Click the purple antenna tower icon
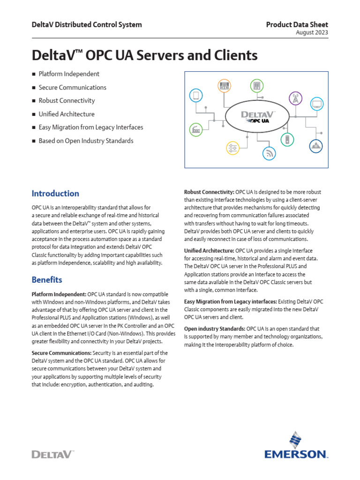click(x=295, y=99)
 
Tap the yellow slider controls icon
click(x=232, y=148)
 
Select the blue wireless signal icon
click(x=269, y=153)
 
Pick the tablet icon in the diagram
click(x=195, y=96)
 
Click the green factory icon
click(x=195, y=129)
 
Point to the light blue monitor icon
click(x=317, y=104)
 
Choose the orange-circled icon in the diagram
click(x=224, y=86)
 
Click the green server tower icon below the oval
click(x=285, y=139)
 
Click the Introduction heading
click(x=55, y=194)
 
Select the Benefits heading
click(x=47, y=280)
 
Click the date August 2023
click(x=312, y=33)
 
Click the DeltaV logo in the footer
click(x=52, y=454)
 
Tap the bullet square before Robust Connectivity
click(x=34, y=101)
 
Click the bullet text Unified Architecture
click(x=67, y=114)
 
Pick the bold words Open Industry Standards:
click(x=214, y=329)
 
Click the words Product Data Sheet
click(x=297, y=25)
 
